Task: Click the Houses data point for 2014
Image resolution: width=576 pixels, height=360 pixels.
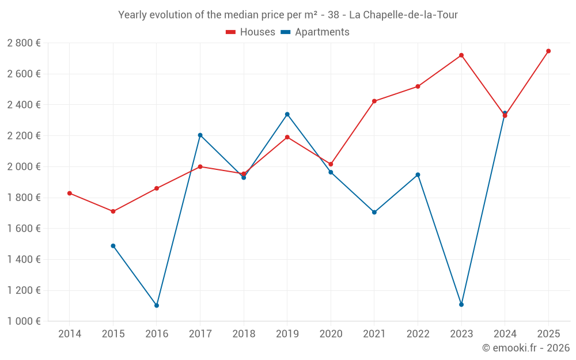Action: [x=70, y=193]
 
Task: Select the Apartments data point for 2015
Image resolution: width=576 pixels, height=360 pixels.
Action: [x=113, y=246]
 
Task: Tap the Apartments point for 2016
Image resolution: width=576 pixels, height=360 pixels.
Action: [x=157, y=305]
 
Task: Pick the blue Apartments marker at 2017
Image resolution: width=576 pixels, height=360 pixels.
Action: [x=200, y=135]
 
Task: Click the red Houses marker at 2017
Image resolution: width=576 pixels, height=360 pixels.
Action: [x=200, y=166]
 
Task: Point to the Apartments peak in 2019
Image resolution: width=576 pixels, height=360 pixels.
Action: [x=287, y=114]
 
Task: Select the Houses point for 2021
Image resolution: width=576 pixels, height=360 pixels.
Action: [x=374, y=101]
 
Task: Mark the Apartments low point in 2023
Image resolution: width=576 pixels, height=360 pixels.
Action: [x=461, y=304]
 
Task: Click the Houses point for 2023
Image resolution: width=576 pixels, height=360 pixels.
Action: [x=461, y=55]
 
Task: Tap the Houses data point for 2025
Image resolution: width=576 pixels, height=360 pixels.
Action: [x=548, y=51]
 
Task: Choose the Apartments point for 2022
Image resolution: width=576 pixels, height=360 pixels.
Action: [x=418, y=175]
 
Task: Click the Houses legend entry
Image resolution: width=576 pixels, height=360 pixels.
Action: [x=251, y=32]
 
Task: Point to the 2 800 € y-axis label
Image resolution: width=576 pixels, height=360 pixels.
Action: [x=24, y=43]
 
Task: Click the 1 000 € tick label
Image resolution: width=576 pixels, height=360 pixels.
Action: [x=24, y=321]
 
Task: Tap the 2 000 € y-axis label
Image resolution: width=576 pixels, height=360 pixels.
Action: [x=24, y=166]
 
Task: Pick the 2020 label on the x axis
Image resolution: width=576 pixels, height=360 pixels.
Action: [x=331, y=334]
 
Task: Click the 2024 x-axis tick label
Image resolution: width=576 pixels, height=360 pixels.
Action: [x=505, y=334]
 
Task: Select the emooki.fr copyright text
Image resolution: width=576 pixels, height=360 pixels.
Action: [x=525, y=348]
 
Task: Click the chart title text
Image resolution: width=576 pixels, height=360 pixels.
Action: [x=288, y=15]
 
